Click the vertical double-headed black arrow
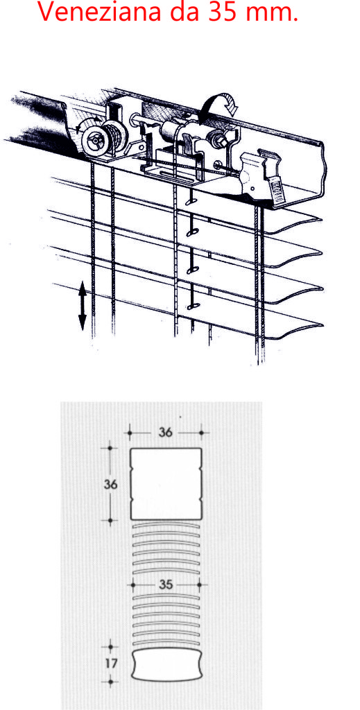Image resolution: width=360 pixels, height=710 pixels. point(83,306)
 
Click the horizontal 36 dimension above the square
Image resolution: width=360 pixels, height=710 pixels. point(165,433)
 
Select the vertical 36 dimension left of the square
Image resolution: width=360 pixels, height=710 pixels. point(110,484)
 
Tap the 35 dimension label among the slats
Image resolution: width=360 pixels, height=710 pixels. point(166,585)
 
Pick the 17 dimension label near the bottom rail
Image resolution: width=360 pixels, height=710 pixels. point(110,664)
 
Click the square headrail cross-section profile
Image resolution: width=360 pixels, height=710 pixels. point(166,484)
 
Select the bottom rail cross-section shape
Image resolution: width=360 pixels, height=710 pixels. point(166,664)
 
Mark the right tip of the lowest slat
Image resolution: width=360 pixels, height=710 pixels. point(323,324)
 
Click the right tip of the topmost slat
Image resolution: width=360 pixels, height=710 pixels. point(321,220)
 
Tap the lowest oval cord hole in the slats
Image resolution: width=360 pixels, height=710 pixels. point(191,306)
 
